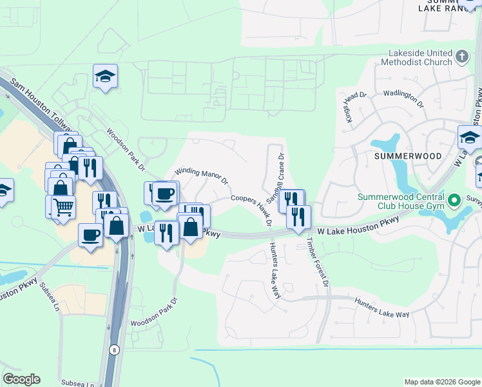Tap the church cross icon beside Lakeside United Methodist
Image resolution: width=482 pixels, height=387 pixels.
(x=461, y=57)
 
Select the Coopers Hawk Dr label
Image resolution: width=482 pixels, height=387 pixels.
(x=252, y=210)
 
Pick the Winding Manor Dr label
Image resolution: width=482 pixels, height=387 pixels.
(x=202, y=175)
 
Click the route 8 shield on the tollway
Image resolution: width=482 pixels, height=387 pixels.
(x=113, y=349)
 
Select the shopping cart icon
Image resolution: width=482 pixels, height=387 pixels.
(x=63, y=207)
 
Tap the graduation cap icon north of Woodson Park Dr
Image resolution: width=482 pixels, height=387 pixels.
(x=104, y=77)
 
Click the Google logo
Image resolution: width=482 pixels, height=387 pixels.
(x=21, y=379)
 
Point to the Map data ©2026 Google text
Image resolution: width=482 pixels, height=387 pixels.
(x=441, y=381)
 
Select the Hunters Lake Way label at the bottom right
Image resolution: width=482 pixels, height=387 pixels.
(x=383, y=308)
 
